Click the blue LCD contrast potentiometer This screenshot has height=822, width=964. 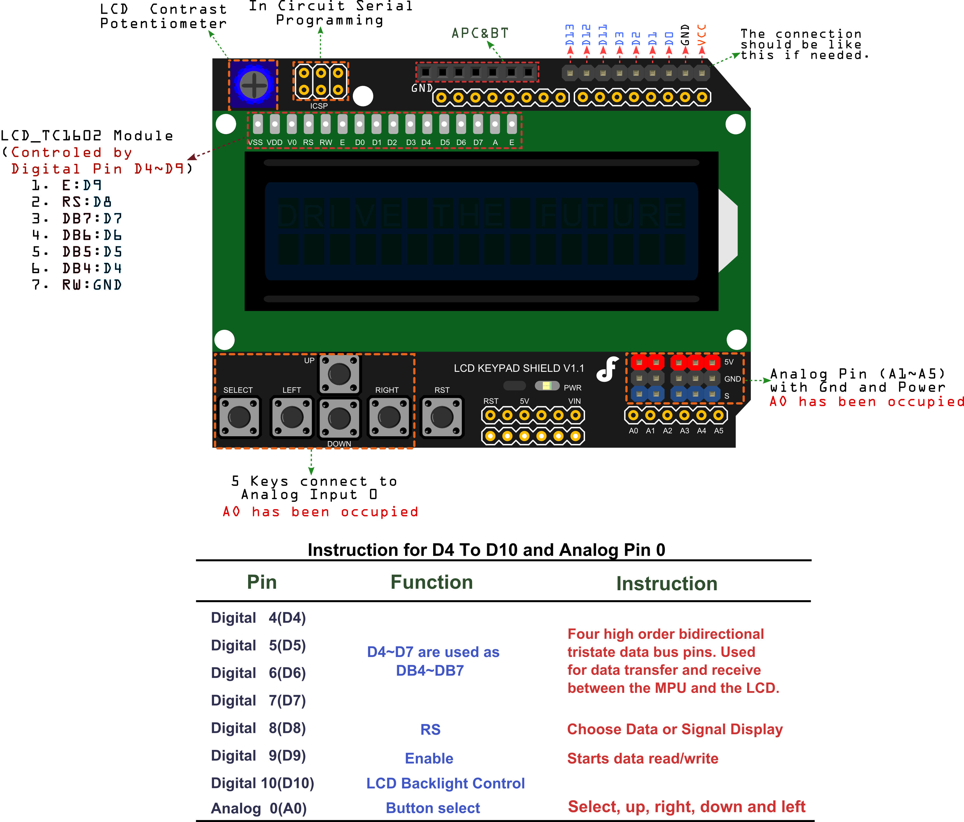(253, 85)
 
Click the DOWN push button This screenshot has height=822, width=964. (339, 418)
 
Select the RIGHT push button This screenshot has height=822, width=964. (389, 417)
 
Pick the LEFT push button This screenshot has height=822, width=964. (292, 417)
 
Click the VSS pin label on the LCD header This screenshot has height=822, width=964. (255, 142)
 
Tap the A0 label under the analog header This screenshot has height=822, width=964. (633, 431)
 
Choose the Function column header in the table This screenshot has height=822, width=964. (431, 582)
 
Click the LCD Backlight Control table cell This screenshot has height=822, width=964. (445, 783)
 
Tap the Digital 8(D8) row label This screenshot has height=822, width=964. (258, 729)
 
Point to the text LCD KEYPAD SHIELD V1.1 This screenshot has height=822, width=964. (519, 368)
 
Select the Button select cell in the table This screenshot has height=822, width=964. (433, 808)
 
